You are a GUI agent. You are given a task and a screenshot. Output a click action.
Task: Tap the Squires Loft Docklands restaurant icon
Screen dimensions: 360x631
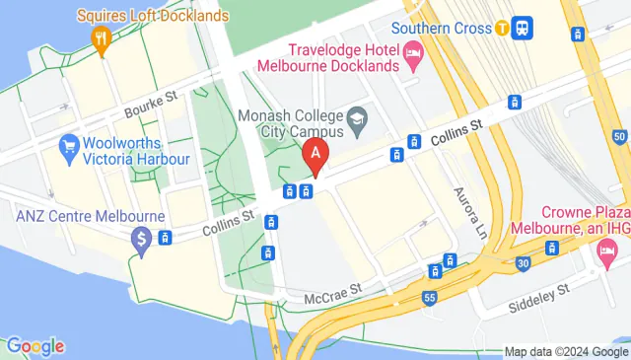100,39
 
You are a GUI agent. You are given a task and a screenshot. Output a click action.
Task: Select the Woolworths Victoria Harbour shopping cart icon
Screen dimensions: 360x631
69,149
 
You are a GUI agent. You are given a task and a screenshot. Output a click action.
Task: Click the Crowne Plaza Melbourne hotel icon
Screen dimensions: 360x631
605,252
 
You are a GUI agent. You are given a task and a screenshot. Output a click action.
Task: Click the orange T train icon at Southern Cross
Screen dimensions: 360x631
503,28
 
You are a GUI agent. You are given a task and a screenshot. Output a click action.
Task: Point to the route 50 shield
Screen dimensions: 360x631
619,136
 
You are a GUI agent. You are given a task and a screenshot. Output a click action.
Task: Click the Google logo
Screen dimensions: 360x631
35,346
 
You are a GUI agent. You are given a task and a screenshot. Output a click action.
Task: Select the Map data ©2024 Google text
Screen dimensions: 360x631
565,351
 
